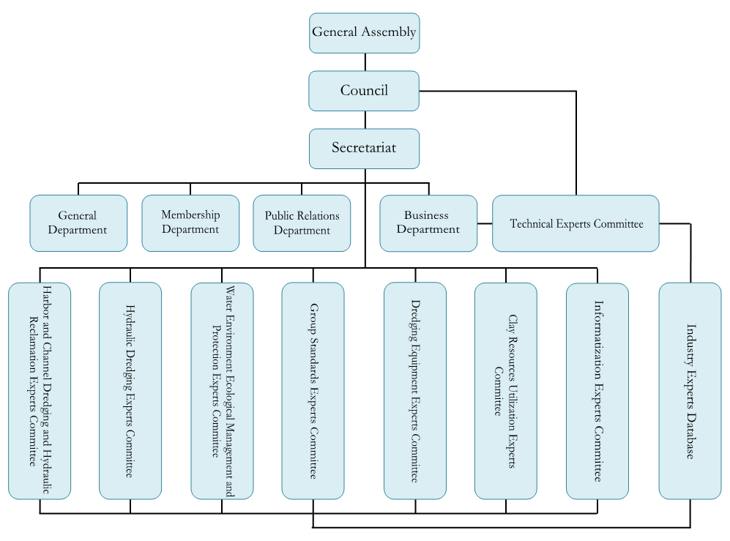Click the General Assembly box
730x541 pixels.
364,33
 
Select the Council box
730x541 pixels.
364,91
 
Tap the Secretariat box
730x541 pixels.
364,149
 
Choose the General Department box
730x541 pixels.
78,223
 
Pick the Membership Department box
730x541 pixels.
190,223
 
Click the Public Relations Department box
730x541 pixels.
302,223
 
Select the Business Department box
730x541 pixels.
428,223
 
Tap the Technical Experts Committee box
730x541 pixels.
576,223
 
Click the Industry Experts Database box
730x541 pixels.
690,390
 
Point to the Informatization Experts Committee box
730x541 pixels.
597,390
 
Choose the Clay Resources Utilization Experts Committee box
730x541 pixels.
505,390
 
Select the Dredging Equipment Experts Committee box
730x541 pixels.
415,390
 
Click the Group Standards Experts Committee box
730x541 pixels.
313,390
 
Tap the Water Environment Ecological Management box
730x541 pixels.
222,390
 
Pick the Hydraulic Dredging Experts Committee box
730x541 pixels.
130,390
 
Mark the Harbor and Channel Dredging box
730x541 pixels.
40,390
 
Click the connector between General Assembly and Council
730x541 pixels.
365,62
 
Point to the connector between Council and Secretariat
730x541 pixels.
365,120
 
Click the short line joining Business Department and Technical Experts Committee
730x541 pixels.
485,223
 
